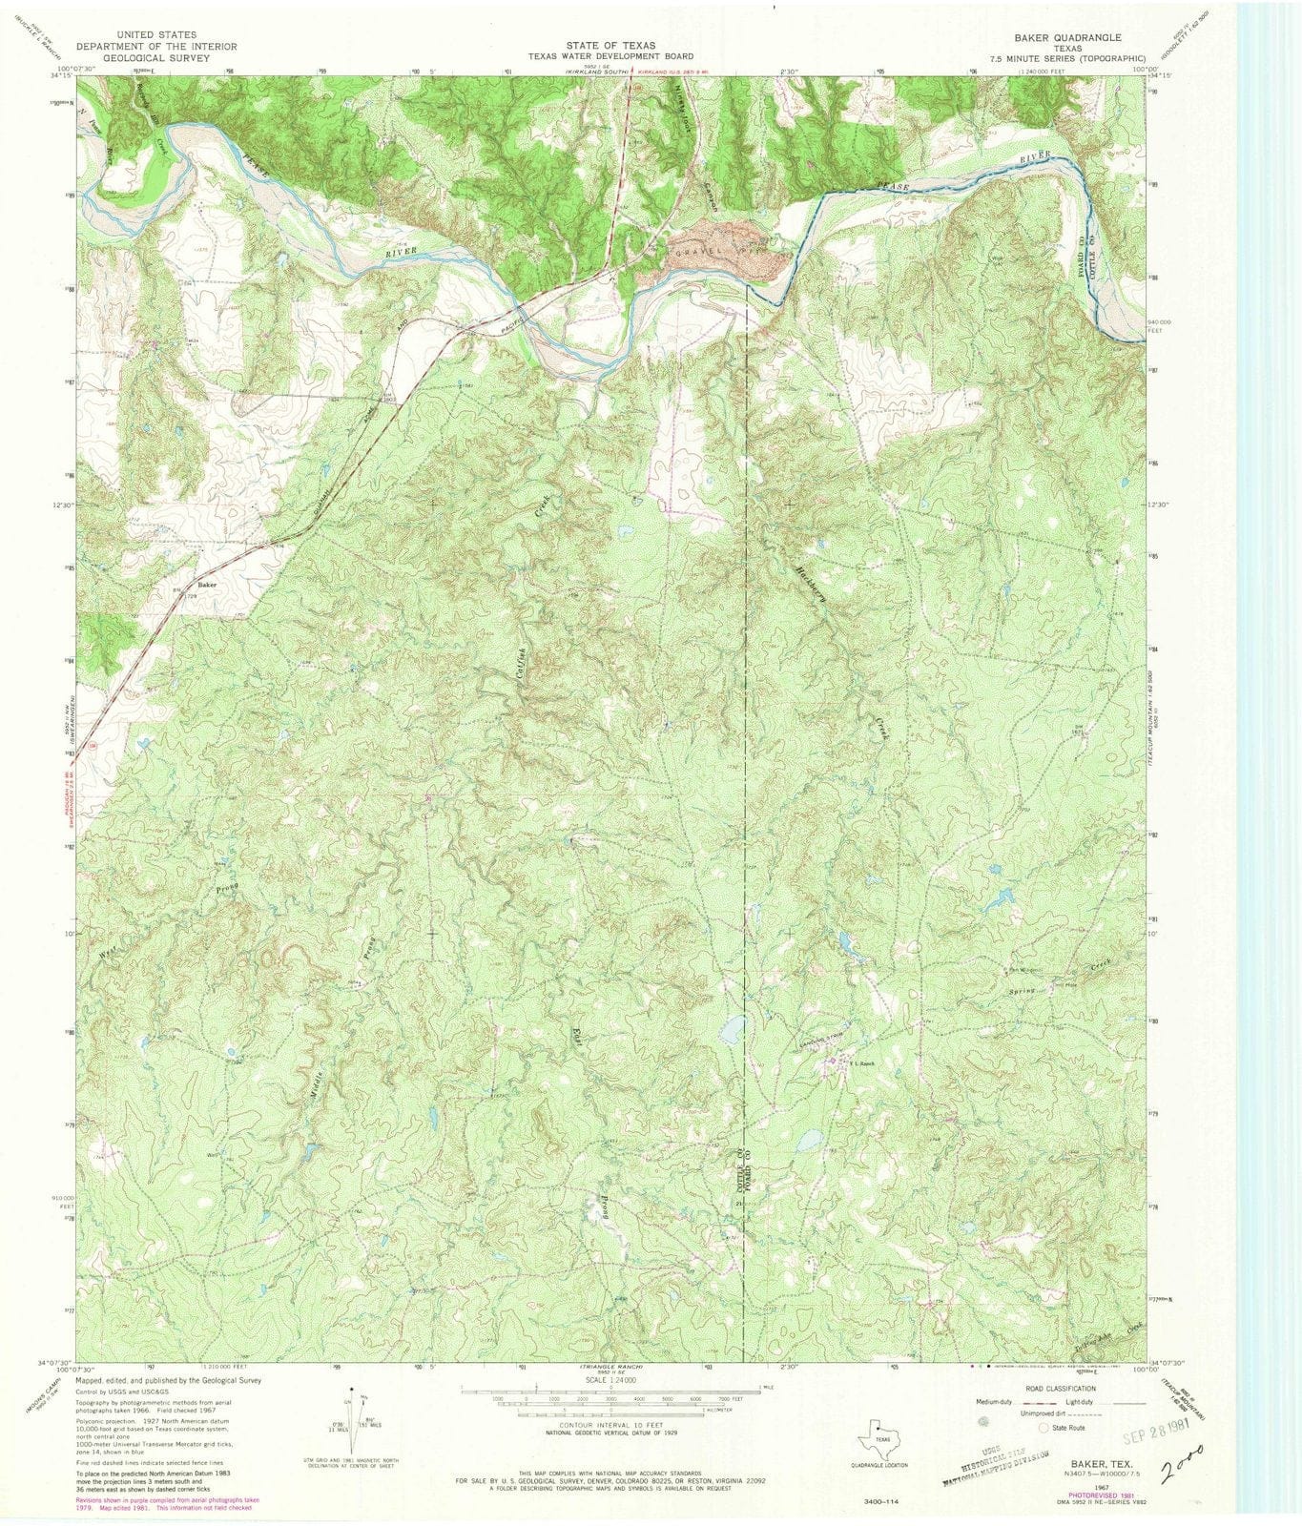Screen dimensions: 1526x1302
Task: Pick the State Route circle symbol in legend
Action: point(1044,1428)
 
